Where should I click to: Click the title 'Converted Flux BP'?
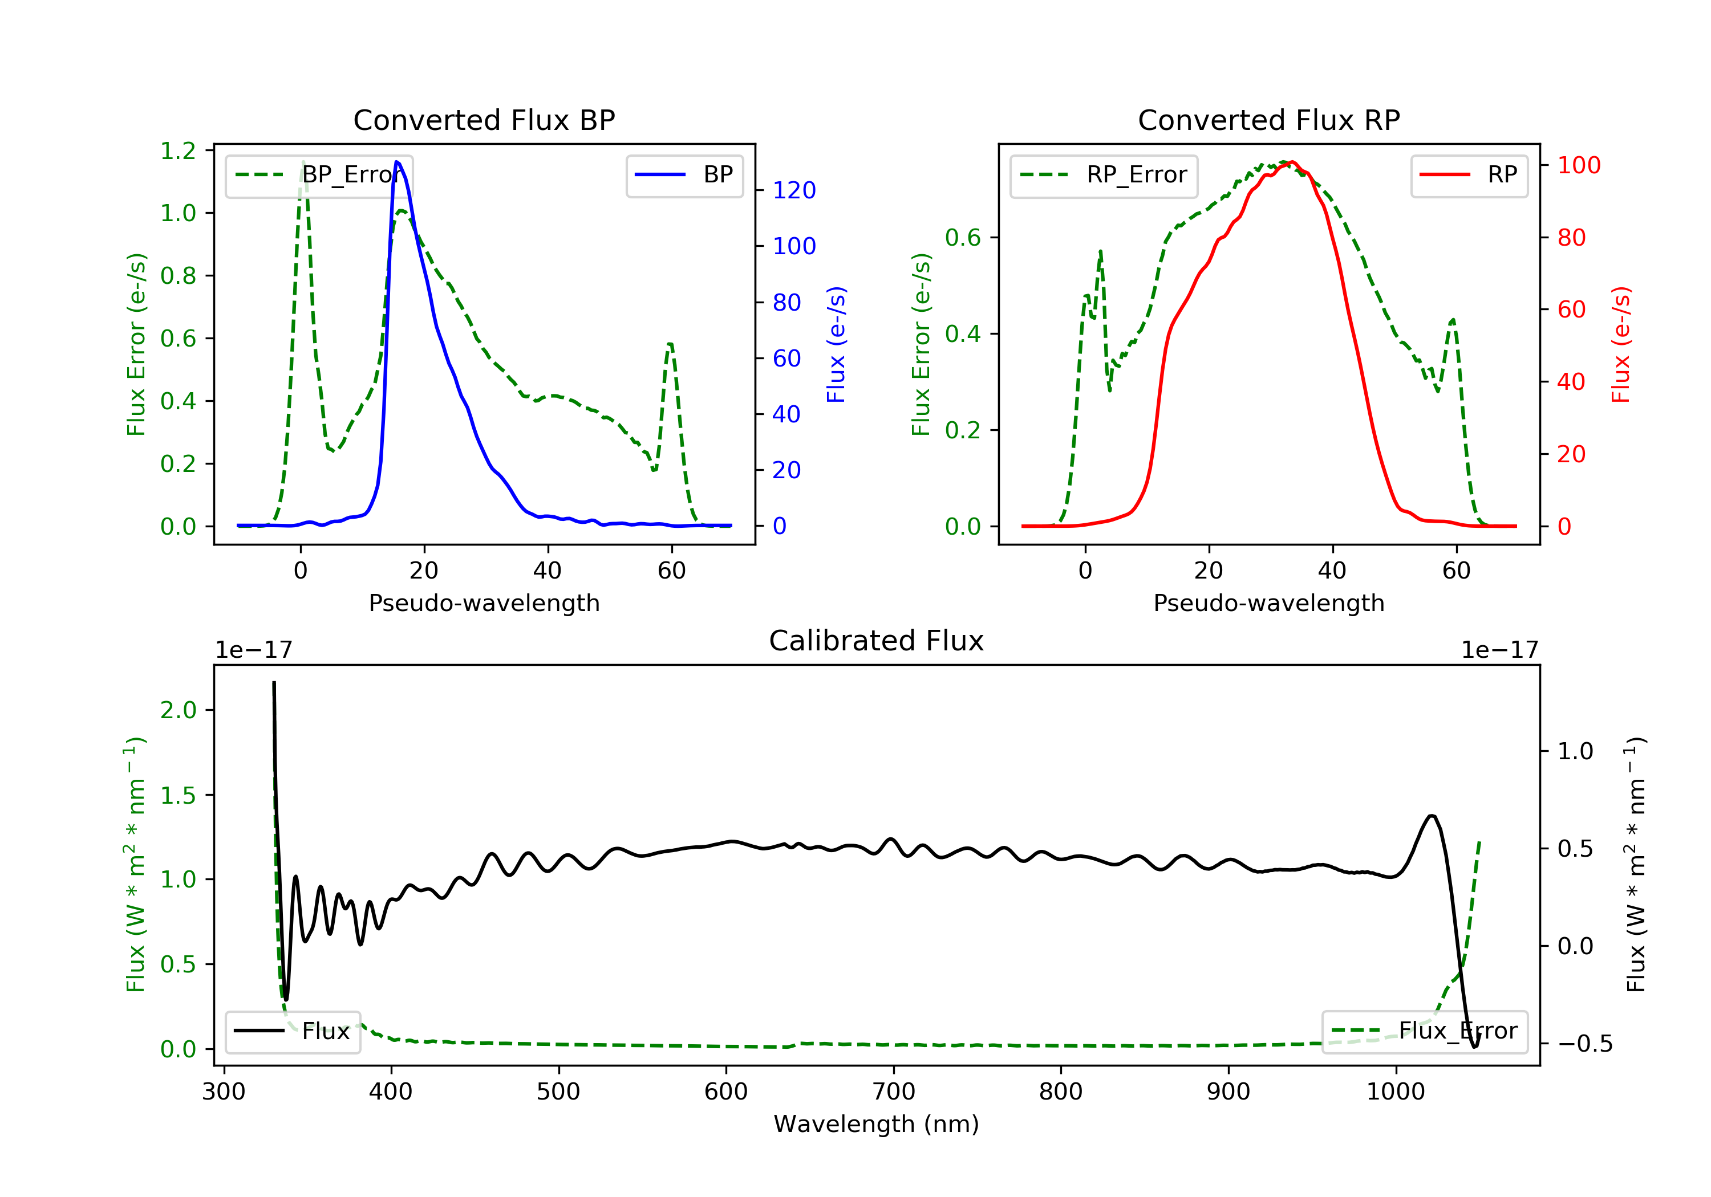(x=484, y=120)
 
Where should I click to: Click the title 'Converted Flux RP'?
(x=1268, y=120)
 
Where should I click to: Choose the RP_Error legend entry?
(x=1104, y=175)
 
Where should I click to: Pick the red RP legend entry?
(x=1469, y=175)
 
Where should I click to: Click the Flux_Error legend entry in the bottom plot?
(x=1424, y=1031)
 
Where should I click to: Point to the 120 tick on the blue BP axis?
(x=794, y=191)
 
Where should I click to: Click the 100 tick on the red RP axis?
(x=1578, y=165)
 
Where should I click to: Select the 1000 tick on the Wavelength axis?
(x=1395, y=1092)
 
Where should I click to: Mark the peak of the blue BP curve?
(x=396, y=162)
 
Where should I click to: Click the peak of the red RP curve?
(x=1291, y=162)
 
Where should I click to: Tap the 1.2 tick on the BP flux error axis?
(x=178, y=151)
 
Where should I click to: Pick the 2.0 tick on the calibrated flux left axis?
(x=178, y=710)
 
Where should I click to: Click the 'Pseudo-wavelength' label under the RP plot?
(x=1268, y=602)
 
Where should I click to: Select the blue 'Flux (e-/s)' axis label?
(x=836, y=345)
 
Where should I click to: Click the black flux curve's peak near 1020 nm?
(x=1431, y=816)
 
